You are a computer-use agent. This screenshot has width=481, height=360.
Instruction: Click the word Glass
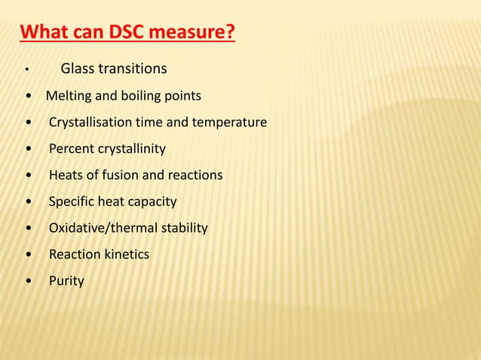78,69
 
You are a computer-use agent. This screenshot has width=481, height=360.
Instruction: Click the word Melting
69,96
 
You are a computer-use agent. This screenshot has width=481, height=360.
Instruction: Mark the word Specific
73,202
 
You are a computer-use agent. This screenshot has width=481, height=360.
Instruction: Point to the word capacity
152,202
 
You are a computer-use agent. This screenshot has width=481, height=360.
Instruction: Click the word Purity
66,282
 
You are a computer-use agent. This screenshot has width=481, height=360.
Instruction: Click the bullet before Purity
29,282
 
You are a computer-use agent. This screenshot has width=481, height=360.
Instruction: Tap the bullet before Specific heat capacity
29,202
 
